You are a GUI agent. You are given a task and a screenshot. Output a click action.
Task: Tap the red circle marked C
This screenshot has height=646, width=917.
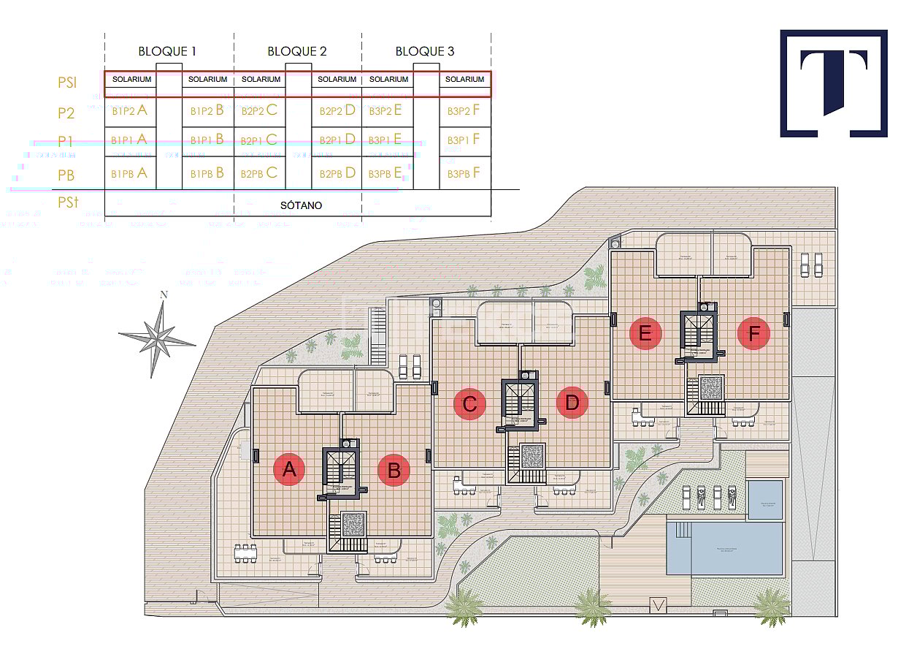tap(469, 403)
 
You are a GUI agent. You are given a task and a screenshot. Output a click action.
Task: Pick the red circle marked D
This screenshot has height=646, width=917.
tap(572, 403)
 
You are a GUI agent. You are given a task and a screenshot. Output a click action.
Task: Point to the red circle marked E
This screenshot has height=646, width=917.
tap(645, 334)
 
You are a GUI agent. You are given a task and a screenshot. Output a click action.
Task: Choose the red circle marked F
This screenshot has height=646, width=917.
tap(754, 334)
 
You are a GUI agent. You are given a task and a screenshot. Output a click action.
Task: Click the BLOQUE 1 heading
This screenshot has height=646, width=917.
tap(167, 51)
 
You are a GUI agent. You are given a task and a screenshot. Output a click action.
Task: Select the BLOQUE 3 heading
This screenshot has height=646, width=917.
tap(425, 51)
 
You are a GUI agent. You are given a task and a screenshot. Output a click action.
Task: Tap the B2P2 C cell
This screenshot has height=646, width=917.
tap(260, 111)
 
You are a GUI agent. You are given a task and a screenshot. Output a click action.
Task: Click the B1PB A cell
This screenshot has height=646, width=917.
tap(130, 173)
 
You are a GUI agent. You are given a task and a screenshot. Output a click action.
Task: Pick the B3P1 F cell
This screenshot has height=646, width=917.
tap(464, 140)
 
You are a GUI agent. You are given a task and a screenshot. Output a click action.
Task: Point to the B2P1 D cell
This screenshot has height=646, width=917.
tap(337, 140)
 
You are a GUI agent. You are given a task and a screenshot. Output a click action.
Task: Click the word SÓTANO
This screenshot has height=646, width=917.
tap(301, 205)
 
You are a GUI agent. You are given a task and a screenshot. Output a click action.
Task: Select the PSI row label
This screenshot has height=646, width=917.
tap(67, 83)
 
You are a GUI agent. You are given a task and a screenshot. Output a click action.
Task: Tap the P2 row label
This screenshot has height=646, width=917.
tap(66, 113)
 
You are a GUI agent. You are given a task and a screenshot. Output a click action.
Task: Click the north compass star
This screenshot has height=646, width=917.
tap(158, 335)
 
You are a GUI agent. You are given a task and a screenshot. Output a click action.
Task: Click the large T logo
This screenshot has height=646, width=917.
tap(834, 83)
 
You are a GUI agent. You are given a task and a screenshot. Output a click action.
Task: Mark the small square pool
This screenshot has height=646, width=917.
tap(765, 500)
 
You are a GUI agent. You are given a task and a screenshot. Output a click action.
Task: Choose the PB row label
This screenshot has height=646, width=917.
tap(67, 175)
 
